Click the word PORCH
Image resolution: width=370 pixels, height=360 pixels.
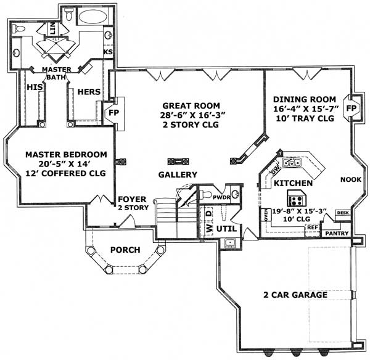click(x=126, y=250)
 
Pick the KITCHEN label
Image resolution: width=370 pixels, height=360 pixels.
click(x=293, y=184)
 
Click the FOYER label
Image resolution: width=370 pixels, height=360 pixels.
click(x=132, y=200)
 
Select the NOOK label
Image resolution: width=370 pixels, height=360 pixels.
click(x=350, y=181)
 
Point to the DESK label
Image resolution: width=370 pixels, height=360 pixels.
click(x=342, y=213)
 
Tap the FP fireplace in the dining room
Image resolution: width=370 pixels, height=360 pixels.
click(x=351, y=108)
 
